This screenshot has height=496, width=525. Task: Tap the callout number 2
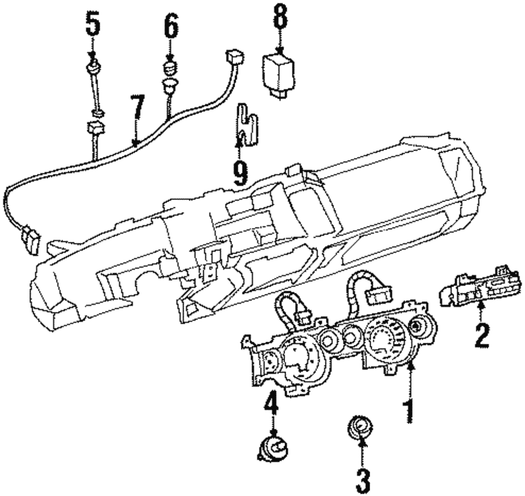tap(481, 336)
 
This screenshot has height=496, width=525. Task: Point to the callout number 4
tap(271, 406)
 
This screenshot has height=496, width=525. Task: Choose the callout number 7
tap(136, 112)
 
